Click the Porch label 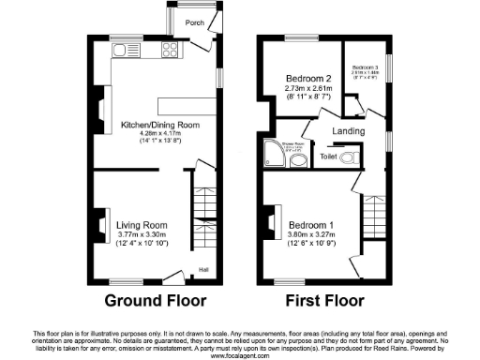coord(194,22)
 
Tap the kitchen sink coord(123,49)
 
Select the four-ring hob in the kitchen coord(171,50)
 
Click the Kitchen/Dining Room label coord(156,123)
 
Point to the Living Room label coord(142,225)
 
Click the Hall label coord(202,271)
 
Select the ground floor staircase coord(200,202)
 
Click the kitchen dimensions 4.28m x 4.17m coord(156,134)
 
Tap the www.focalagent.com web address coord(240,355)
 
